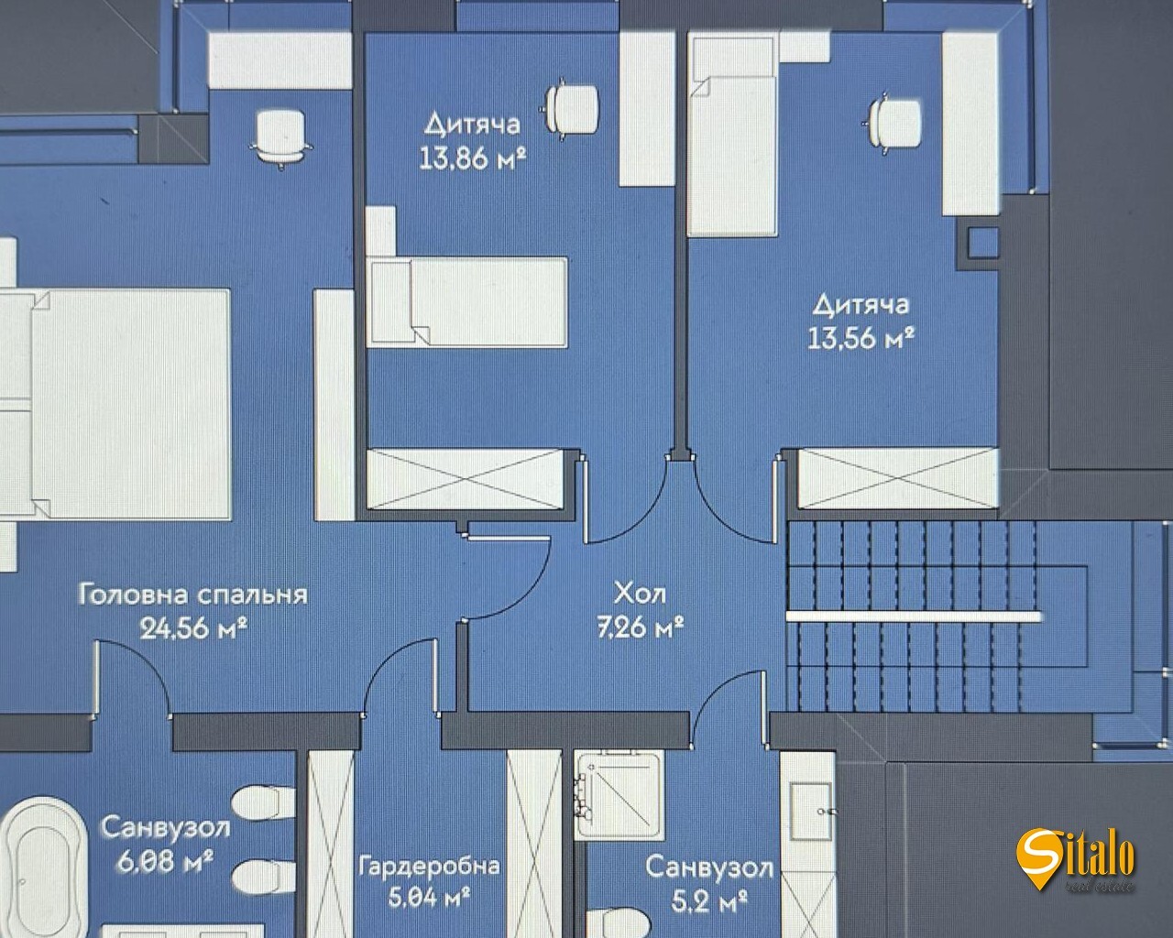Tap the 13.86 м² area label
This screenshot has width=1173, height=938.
pos(472,158)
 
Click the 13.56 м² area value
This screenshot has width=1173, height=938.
pos(861,339)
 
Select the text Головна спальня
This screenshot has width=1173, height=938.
pos(192,594)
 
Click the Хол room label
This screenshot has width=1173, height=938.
pos(639,594)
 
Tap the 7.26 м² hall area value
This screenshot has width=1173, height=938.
pos(641,628)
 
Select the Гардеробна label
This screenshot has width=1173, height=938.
pos(429,866)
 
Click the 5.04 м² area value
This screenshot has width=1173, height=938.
pos(429,898)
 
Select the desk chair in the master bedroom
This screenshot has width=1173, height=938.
pos(279,136)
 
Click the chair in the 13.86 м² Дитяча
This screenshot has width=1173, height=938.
pos(572,110)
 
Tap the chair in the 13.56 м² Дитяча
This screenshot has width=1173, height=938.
pos(893,122)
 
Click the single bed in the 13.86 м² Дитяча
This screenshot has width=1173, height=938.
pos(467,301)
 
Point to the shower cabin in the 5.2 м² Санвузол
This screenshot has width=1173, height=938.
pos(619,793)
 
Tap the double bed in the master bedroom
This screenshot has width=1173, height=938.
pos(115,403)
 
